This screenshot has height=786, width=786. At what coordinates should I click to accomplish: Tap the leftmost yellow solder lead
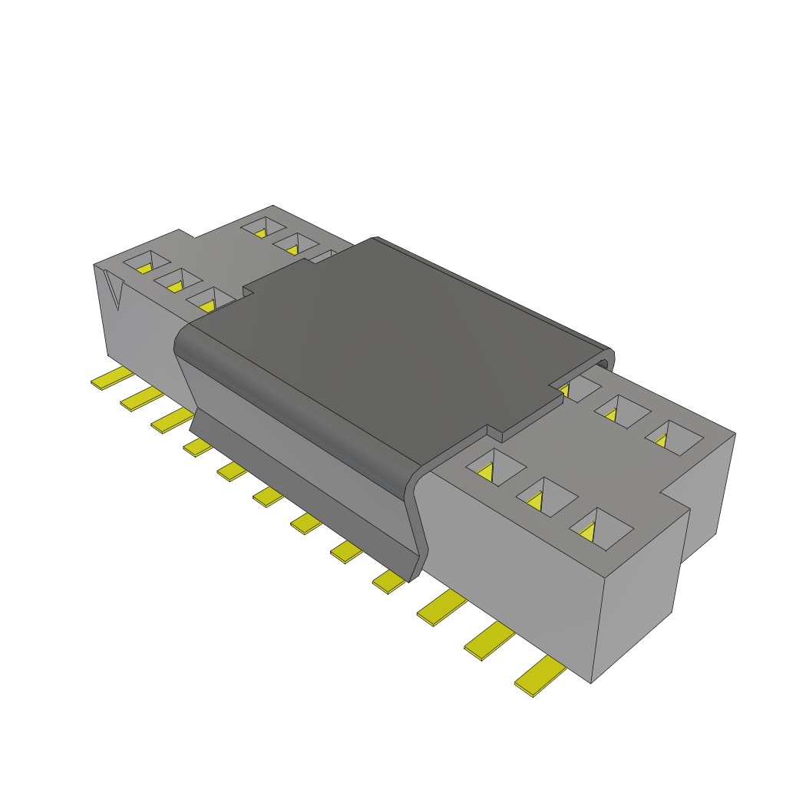[111, 378]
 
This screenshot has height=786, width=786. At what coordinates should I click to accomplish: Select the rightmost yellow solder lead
[540, 678]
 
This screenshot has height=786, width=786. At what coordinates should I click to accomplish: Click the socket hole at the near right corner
[601, 528]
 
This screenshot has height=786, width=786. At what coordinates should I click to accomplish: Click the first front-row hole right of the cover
[491, 467]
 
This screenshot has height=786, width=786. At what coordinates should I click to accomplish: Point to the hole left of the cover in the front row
[209, 300]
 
